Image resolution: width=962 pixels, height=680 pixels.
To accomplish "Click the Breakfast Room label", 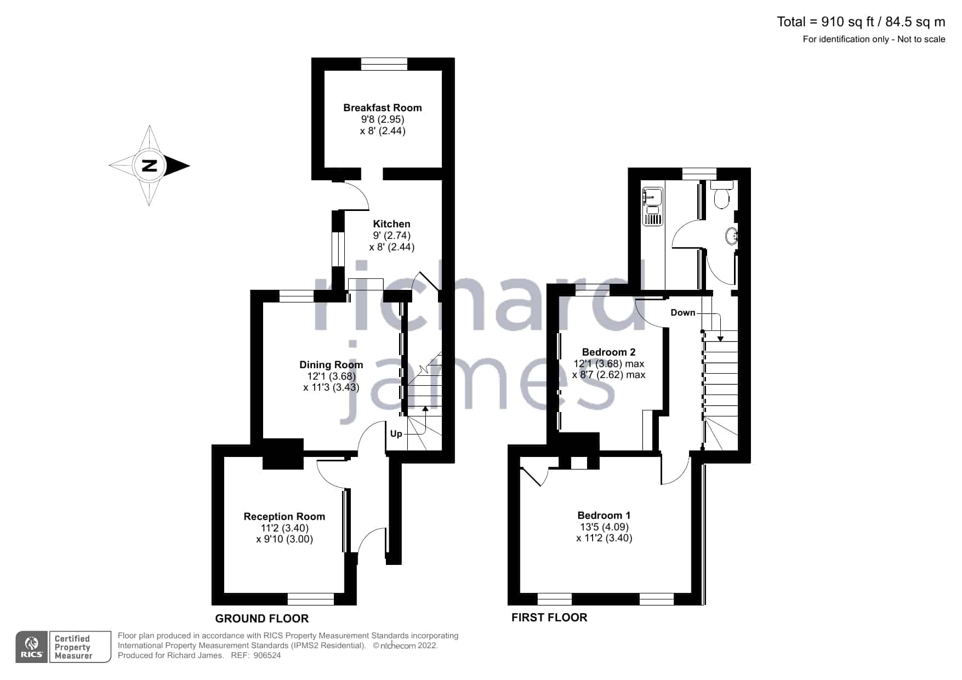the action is (x=383, y=108).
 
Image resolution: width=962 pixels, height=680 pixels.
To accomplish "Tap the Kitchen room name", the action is (x=391, y=224).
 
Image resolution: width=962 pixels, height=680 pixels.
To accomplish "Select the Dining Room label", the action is (x=331, y=365).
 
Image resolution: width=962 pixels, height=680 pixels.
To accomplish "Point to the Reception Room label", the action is (x=284, y=517).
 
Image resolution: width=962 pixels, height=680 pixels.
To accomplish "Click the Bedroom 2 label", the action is (x=608, y=352).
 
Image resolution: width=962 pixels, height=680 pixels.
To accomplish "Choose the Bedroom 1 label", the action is (x=604, y=516).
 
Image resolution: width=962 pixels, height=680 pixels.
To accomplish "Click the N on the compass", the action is (x=149, y=165).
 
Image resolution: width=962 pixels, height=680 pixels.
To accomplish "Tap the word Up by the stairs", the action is (x=396, y=434).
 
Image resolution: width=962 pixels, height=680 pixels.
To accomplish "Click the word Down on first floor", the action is (x=683, y=312).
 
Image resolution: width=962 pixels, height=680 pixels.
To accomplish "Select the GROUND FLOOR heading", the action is (x=262, y=619).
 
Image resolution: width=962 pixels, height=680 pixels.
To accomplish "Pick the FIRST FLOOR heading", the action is (x=549, y=618).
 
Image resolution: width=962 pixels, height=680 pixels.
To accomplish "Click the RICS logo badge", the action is (x=32, y=647).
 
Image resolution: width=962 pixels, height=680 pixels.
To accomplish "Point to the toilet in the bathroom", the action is (x=722, y=195).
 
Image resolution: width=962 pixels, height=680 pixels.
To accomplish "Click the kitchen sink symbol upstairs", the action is (x=652, y=206).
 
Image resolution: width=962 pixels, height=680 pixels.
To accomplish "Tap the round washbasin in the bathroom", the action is (x=731, y=237).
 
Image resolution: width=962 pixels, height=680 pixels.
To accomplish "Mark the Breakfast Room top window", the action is (x=384, y=64).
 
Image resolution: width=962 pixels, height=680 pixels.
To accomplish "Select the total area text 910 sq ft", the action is (x=847, y=22).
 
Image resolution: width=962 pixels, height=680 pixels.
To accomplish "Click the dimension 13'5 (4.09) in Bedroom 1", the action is (x=604, y=527).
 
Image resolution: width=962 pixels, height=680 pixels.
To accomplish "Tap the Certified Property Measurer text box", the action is (x=80, y=647).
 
